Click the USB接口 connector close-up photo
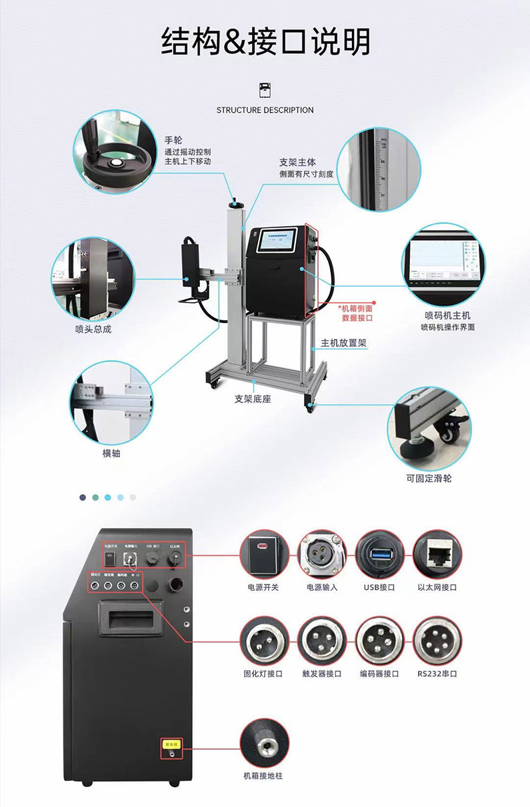click(380, 555)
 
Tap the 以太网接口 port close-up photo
click(437, 555)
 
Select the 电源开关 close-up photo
click(265, 555)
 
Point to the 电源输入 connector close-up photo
click(322, 555)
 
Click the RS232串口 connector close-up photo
click(437, 642)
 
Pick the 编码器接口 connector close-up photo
click(380, 642)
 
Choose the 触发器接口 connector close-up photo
click(322, 642)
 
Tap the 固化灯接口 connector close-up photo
click(265, 642)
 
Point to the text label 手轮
click(173, 140)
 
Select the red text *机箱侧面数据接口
click(356, 313)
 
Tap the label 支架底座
click(252, 399)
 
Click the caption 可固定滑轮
click(429, 478)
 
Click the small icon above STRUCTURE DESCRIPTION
click(265, 90)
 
